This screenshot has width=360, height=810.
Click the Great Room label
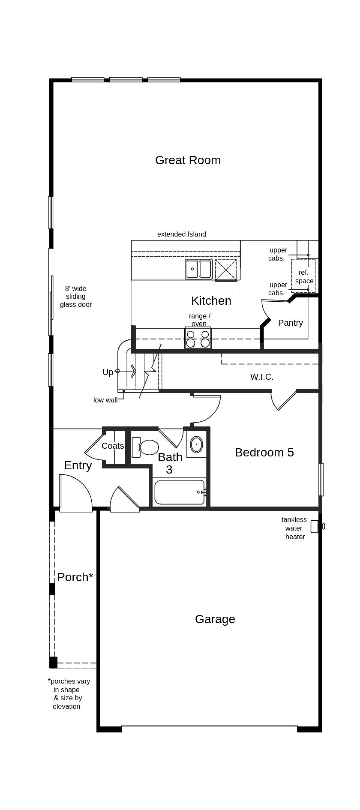[188, 160]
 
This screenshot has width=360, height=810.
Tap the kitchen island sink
[198, 269]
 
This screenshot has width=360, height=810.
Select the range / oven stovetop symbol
[198, 338]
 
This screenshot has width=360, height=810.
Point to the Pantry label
[290, 323]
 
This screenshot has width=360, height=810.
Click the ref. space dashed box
[303, 276]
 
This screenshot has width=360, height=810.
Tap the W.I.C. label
[261, 377]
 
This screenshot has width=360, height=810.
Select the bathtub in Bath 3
[180, 492]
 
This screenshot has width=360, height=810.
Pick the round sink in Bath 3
[196, 444]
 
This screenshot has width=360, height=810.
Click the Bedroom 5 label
[264, 452]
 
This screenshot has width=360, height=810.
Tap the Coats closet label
[113, 446]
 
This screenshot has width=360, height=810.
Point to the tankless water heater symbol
[315, 526]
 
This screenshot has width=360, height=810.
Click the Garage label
[215, 619]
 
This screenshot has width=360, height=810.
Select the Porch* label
[75, 577]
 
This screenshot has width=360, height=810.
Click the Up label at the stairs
[108, 372]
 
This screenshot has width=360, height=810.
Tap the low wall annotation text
[105, 400]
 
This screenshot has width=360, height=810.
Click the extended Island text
[181, 234]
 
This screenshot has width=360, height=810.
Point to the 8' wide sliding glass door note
[75, 296]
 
